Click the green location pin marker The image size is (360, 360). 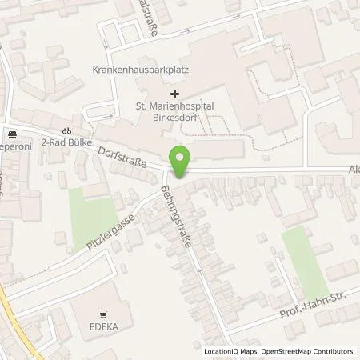tap(181, 162)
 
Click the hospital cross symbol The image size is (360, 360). tap(175, 94)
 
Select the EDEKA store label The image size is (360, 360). tap(103, 327)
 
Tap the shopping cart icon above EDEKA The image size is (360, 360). tap(103, 315)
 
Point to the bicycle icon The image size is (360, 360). tap(68, 132)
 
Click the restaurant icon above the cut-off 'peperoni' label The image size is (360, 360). tap(11, 134)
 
